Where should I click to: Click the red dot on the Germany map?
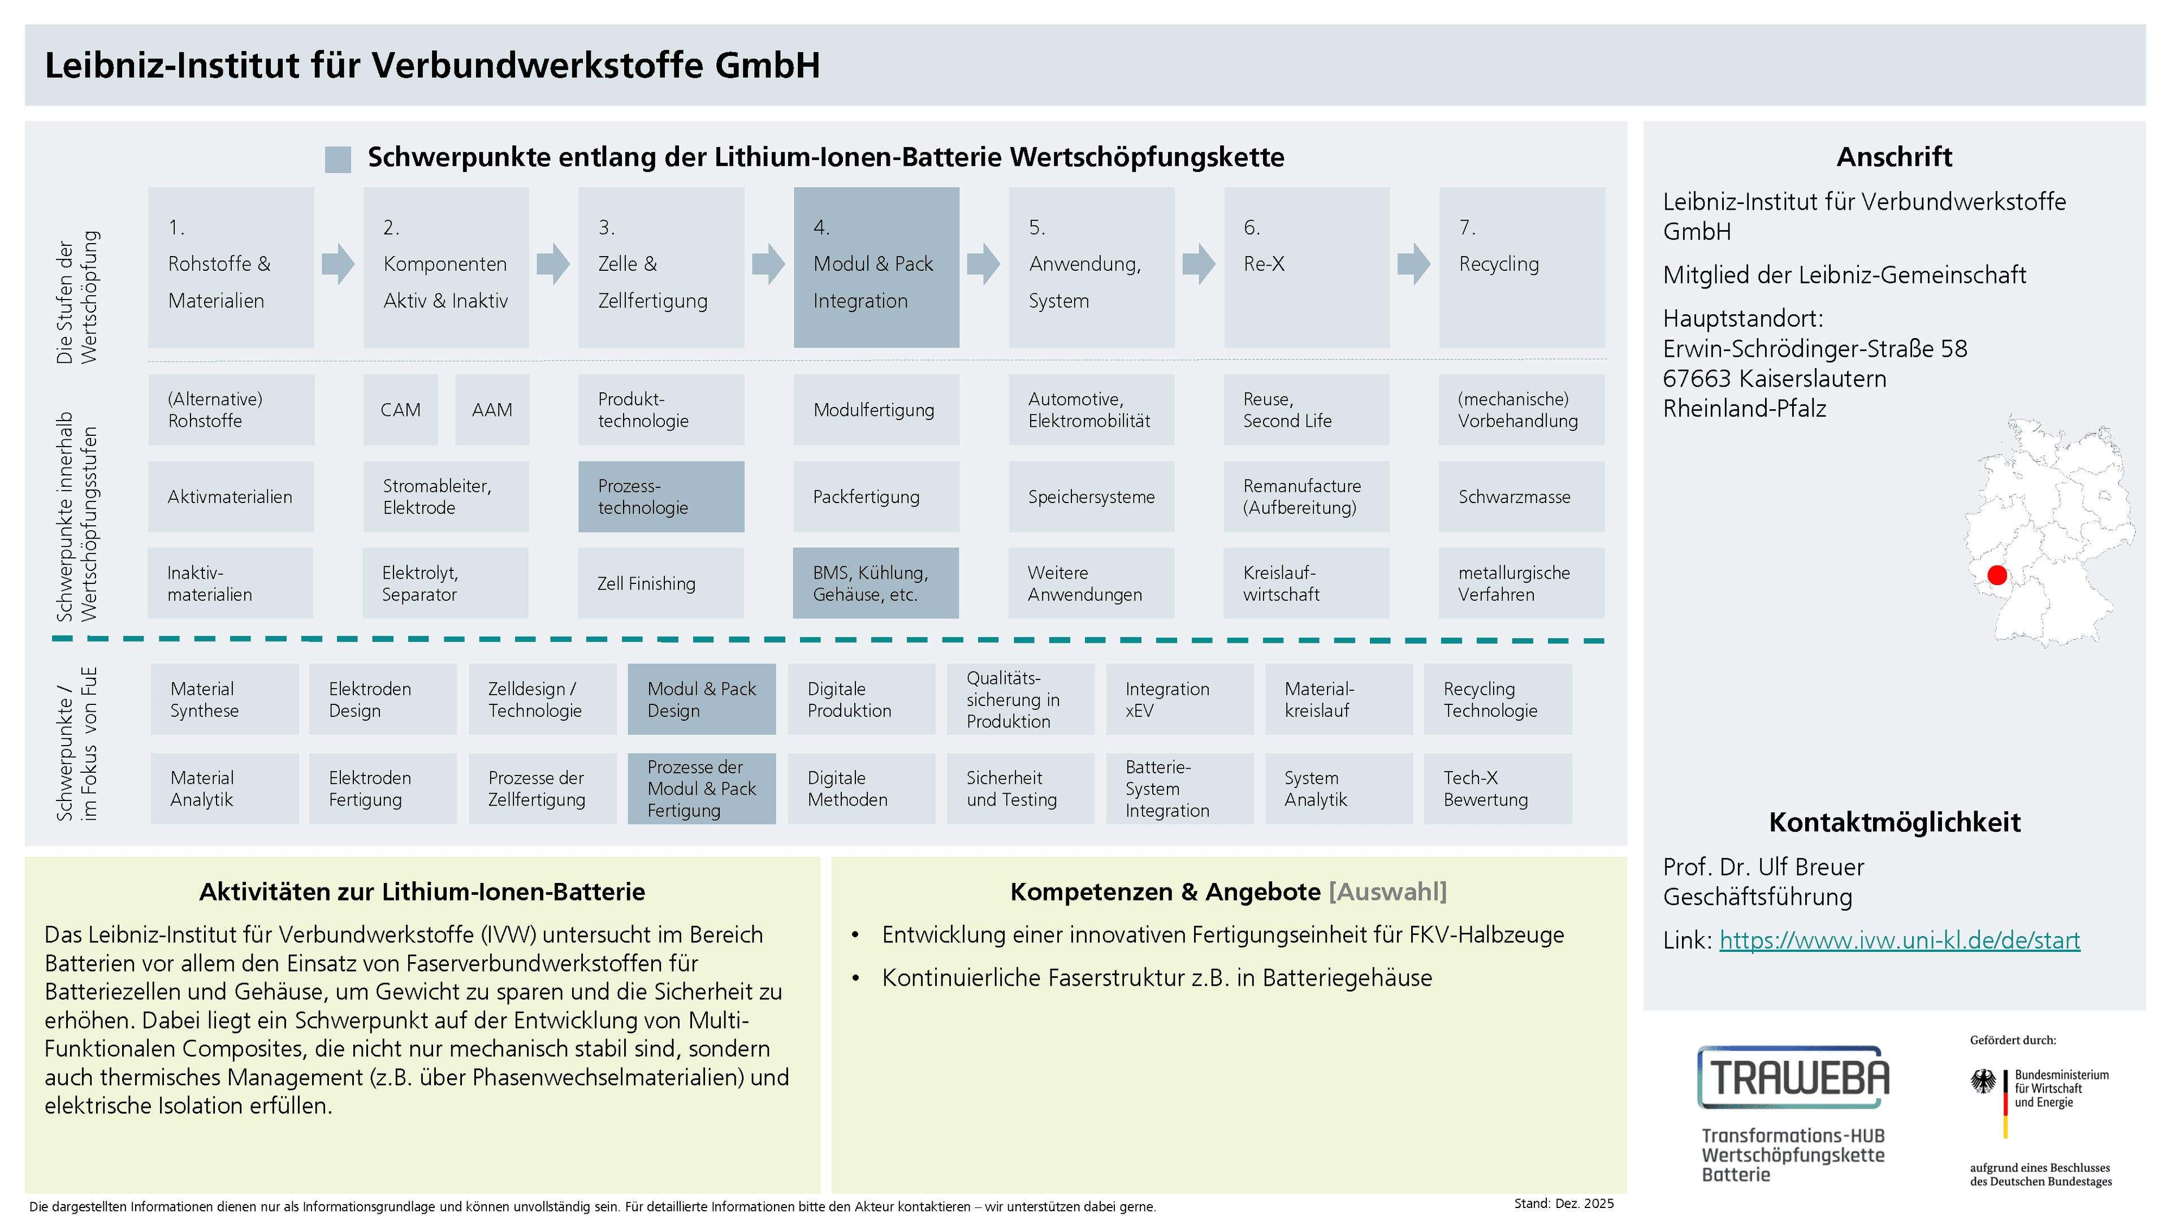point(1996,575)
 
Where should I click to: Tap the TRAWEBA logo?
point(1793,1078)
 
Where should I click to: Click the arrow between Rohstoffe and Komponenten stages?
point(338,264)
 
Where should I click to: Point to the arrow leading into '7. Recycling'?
point(1413,264)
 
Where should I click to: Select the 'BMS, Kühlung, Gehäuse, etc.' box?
point(876,583)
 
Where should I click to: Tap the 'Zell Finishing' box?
point(661,583)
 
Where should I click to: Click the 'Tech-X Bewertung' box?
point(1498,789)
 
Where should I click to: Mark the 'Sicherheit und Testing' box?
point(1020,789)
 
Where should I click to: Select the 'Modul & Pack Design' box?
point(701,699)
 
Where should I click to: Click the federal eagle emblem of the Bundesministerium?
point(1983,1081)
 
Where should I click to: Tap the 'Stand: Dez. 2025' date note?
point(1563,1203)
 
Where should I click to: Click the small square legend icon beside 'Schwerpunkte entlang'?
point(338,159)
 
